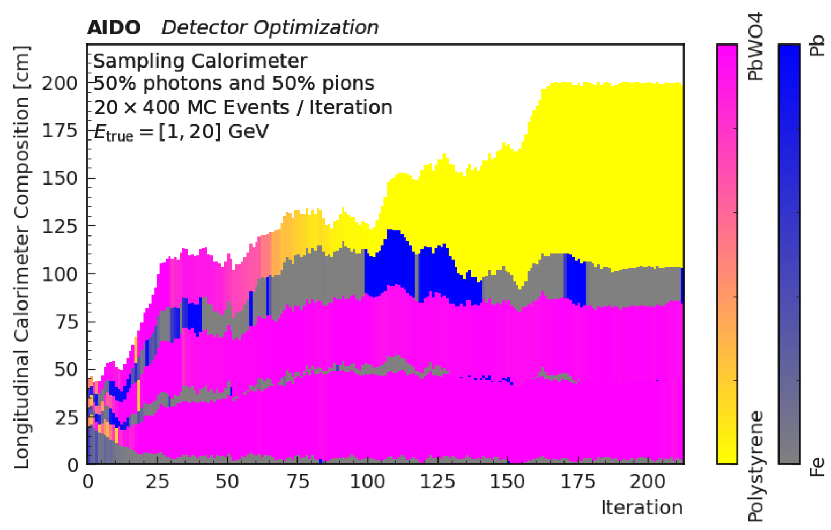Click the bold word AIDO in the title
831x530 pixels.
114,27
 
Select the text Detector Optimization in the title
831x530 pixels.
270,27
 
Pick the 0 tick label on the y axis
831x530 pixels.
73,465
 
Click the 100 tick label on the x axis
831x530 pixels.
367,482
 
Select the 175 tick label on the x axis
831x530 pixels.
578,482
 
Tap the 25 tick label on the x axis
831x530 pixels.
157,482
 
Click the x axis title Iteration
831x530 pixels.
642,507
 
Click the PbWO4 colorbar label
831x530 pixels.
755,47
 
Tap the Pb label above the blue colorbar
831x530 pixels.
817,46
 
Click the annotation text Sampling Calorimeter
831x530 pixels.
200,61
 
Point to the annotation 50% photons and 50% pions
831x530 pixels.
234,84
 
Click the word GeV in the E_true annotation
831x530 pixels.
248,131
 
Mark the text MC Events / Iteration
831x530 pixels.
290,107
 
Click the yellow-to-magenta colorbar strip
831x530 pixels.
727,254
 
